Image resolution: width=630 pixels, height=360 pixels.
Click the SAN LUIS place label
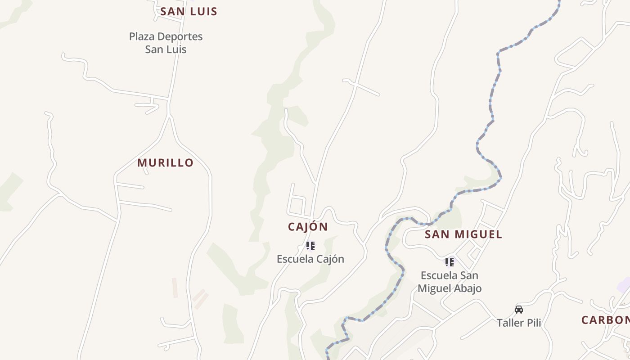click(189, 12)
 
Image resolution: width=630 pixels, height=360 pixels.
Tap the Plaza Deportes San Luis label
click(166, 43)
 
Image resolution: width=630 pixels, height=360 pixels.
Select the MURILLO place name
click(165, 163)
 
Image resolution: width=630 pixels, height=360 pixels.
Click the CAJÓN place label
click(308, 227)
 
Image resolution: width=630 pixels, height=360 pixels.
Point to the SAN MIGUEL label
click(463, 234)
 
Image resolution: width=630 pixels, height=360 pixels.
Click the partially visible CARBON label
click(605, 320)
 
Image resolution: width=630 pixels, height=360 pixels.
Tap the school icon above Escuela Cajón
click(310, 246)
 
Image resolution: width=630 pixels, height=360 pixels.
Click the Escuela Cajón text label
click(310, 259)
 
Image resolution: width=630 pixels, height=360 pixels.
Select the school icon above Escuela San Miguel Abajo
click(449, 262)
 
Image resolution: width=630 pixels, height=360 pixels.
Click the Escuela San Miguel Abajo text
click(450, 282)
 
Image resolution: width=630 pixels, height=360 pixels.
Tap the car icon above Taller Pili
click(519, 309)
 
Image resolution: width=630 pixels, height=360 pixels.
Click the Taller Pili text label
click(518, 323)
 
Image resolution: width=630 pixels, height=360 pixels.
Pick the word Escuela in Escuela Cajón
click(293, 259)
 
